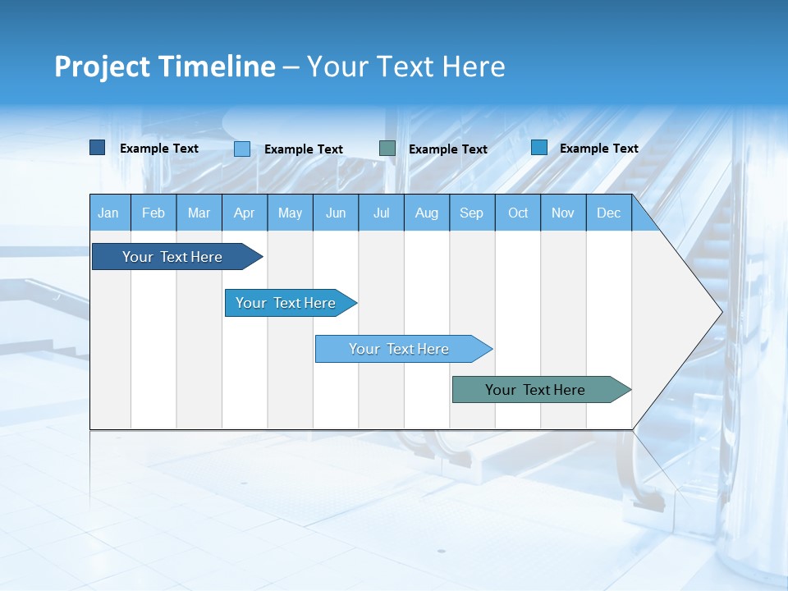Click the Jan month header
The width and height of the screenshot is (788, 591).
pos(109,213)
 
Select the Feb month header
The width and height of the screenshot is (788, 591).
pos(153,213)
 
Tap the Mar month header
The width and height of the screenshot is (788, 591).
pos(199,213)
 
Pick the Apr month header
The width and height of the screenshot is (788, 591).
pos(245,213)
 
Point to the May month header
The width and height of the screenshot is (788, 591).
pos(290,213)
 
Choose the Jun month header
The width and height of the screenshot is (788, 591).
pos(336,213)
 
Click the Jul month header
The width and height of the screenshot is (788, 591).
pos(381,213)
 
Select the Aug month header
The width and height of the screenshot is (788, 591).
pos(427,213)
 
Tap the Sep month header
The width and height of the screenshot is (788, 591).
pos(472,213)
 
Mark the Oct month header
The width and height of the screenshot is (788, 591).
pos(518,213)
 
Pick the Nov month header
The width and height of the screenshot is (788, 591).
pos(563,213)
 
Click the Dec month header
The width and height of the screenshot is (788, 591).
pos(609,213)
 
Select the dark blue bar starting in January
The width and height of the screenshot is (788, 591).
pos(173,257)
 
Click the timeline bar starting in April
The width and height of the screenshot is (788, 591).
pos(286,303)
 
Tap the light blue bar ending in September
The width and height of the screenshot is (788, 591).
pos(400,349)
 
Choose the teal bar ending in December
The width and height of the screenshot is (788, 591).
pos(536,390)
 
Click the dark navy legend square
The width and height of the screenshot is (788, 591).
pos(98,148)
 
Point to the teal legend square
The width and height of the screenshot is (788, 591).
pos(387,149)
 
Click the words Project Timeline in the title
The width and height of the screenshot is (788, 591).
pos(165,66)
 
